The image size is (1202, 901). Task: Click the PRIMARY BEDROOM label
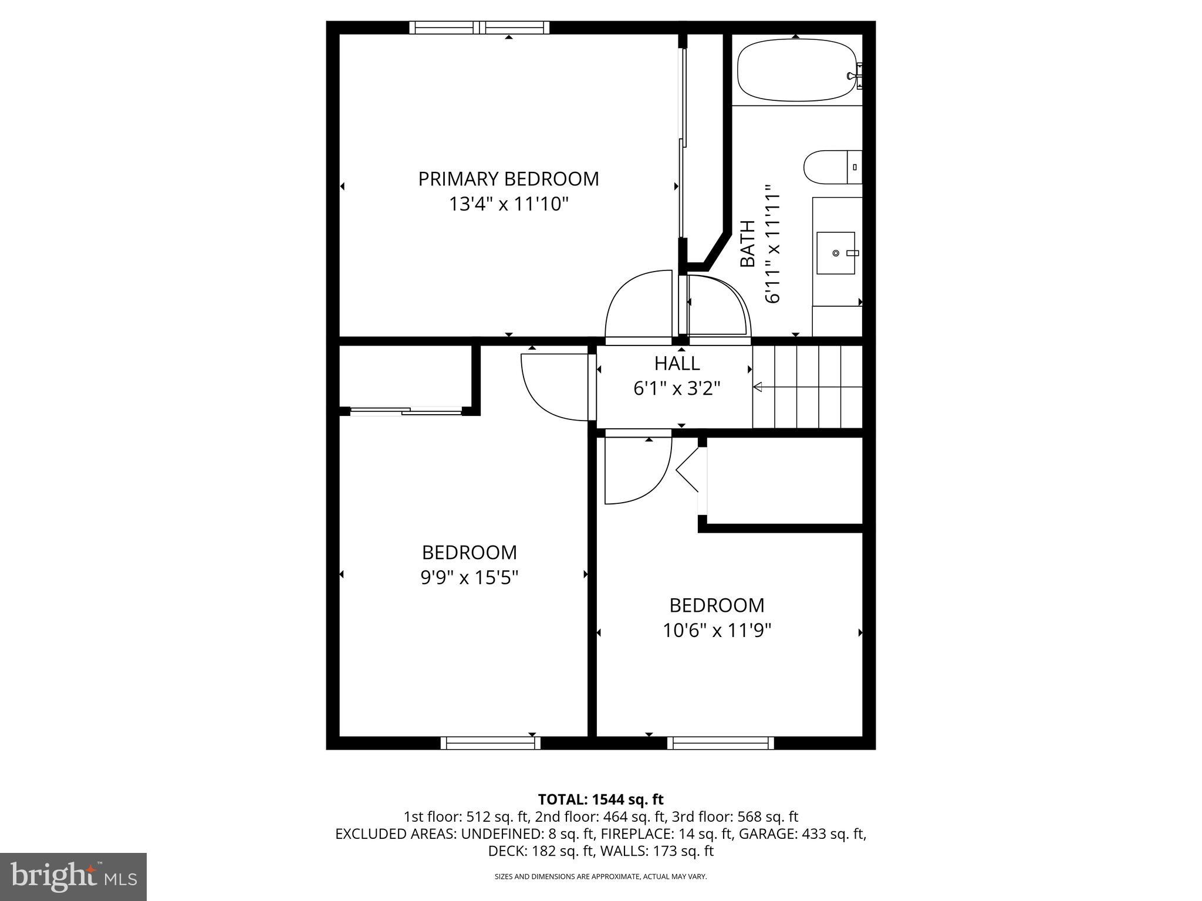(x=508, y=179)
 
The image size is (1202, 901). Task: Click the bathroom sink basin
(x=836, y=253)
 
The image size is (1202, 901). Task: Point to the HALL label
(x=677, y=364)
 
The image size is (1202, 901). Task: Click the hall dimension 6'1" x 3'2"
(x=677, y=388)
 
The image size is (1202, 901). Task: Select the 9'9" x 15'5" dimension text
(x=470, y=578)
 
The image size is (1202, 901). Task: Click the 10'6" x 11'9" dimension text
(x=717, y=631)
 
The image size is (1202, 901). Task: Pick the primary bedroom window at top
(x=479, y=27)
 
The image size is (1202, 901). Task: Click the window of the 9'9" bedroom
(x=491, y=743)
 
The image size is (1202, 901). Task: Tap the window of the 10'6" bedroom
(x=720, y=743)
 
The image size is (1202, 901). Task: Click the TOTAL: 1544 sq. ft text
(x=600, y=800)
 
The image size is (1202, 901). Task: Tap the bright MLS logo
(x=73, y=877)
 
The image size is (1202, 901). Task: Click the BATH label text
(x=747, y=243)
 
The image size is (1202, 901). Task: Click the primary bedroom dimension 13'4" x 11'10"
(x=509, y=204)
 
